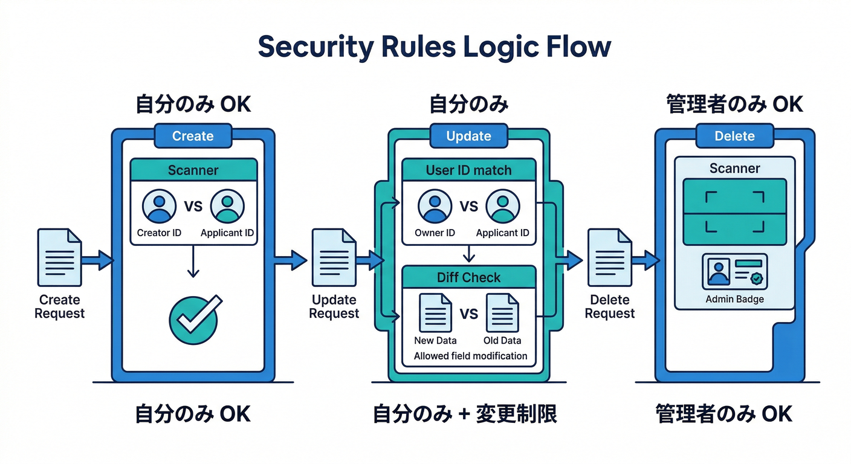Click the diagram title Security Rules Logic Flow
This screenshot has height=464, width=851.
(434, 48)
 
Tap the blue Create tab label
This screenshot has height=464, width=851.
(193, 137)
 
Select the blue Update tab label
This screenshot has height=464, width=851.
(468, 137)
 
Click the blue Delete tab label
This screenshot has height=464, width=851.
(734, 137)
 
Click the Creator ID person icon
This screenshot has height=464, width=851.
(160, 206)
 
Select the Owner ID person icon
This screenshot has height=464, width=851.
(435, 206)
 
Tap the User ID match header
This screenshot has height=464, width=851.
(469, 170)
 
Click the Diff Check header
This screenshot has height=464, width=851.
(469, 277)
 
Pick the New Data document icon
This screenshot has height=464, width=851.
(435, 313)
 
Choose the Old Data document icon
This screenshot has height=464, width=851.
(502, 313)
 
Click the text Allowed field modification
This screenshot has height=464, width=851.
(470, 356)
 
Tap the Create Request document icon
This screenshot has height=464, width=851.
(59, 257)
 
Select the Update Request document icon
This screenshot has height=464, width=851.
(334, 257)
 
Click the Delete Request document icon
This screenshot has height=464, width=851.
(610, 257)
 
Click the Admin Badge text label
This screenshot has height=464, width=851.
(734, 299)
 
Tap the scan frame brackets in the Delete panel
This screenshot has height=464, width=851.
(734, 211)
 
